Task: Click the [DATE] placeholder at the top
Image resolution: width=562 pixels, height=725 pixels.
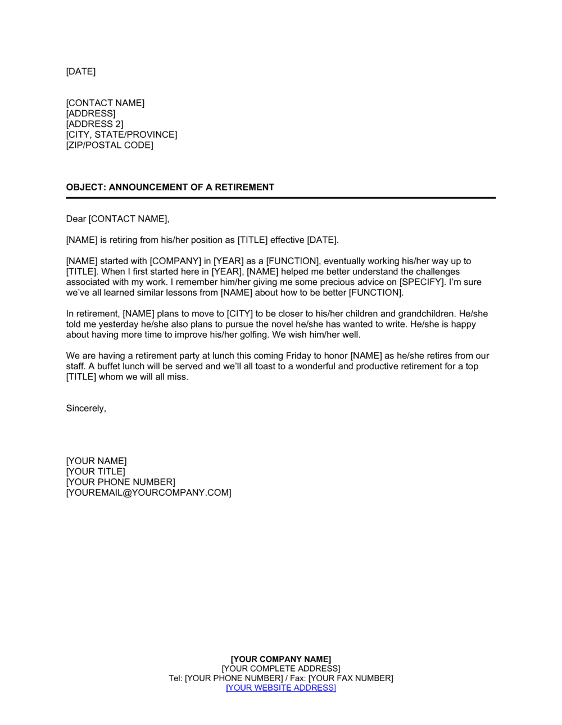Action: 81,71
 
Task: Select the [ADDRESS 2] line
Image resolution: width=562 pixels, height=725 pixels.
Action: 94,124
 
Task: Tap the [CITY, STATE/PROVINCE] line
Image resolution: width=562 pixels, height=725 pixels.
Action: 121,135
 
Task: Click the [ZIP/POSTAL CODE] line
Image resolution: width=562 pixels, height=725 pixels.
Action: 110,145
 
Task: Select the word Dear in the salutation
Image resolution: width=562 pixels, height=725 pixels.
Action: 76,219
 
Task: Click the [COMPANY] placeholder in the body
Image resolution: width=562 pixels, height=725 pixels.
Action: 175,261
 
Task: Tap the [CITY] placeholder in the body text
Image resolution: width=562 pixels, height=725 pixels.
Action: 241,314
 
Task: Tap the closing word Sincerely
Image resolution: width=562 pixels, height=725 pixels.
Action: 86,409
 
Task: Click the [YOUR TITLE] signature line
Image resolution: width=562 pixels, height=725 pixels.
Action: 96,472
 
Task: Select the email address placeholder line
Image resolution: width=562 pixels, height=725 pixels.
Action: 148,493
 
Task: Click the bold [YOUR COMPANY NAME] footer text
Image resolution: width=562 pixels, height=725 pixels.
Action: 281,659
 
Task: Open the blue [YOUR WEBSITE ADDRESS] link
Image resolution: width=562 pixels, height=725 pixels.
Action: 281,688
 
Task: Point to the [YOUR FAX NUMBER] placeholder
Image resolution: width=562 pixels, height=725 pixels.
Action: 351,678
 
